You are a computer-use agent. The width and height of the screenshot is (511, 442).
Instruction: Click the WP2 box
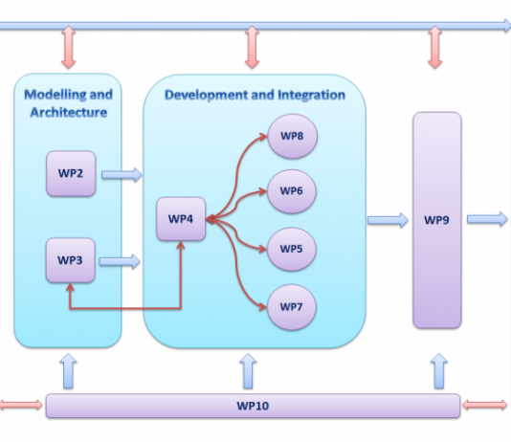(71, 173)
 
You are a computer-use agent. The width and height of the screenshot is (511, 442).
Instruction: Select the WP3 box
(71, 260)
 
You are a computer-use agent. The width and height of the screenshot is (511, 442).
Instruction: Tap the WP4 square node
(181, 219)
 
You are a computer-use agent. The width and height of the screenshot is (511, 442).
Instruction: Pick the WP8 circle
(292, 136)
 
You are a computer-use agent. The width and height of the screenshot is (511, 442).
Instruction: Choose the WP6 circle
(292, 191)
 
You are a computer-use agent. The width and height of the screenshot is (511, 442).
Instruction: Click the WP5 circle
(292, 249)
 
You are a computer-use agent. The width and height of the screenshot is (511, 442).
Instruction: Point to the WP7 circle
(292, 307)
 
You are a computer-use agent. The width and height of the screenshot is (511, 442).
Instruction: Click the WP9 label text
(436, 220)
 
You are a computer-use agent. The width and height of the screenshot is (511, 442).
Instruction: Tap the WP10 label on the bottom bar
(253, 406)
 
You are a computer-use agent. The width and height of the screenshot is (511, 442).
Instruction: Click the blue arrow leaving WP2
(122, 175)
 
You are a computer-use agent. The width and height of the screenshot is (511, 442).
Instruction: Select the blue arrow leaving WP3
(120, 261)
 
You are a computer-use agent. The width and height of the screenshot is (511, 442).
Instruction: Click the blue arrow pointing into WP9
(388, 220)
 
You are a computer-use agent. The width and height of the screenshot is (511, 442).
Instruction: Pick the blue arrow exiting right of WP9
(487, 219)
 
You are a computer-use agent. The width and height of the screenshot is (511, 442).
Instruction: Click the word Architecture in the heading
(69, 112)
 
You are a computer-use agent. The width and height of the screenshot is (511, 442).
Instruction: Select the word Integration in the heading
(311, 95)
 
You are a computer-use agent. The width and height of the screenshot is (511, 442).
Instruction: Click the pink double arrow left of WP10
(21, 405)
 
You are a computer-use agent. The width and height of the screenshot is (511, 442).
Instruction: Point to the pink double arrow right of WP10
(485, 405)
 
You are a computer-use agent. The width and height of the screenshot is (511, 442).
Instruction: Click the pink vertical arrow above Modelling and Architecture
(69, 47)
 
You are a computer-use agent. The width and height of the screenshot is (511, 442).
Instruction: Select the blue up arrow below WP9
(439, 371)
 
